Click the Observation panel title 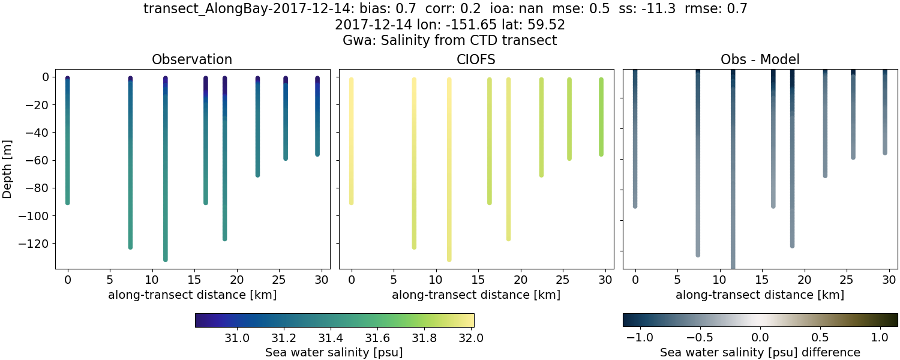[192, 59]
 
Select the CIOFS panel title [476, 59]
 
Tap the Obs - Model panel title [760, 59]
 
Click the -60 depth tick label [37, 160]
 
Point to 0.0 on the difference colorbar [760, 338]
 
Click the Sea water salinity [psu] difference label [760, 352]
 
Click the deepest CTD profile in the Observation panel [165, 168]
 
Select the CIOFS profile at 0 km [352, 141]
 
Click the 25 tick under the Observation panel [279, 279]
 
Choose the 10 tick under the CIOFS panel [436, 279]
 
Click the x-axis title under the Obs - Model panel [760, 295]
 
